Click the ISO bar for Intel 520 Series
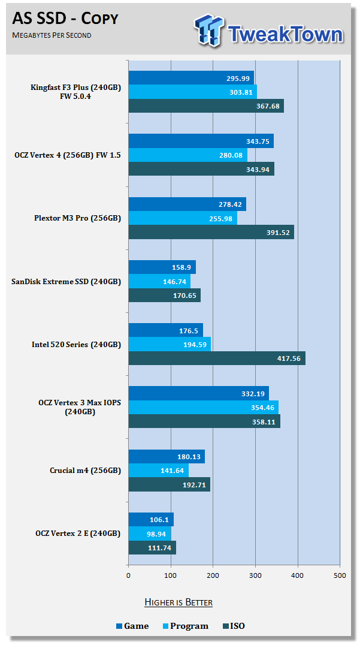217,358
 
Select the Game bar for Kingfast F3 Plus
191,78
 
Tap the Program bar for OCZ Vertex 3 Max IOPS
203,408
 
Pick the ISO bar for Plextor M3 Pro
211,232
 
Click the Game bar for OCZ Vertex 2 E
151,520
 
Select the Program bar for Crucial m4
158,471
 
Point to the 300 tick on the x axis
255,575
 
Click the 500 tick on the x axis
340,575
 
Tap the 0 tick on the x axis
128,575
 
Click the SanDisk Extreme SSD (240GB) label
66,281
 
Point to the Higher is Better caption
179,602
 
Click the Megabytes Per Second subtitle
52,36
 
